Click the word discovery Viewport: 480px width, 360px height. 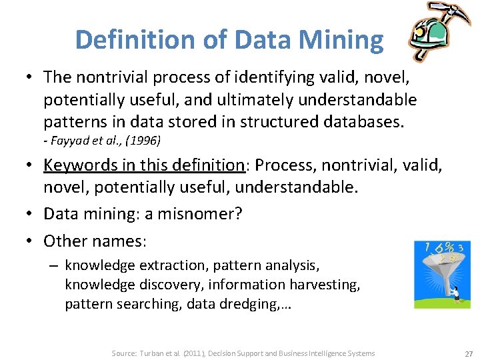(169, 285)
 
